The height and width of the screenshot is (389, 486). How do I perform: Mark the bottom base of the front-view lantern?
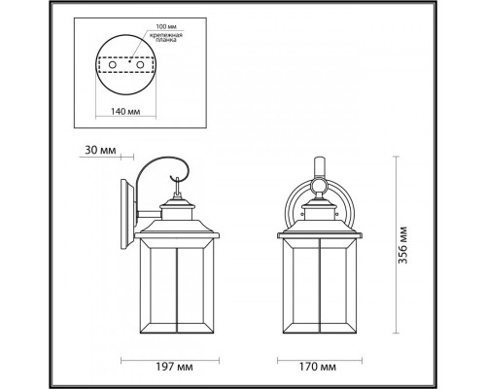click(320, 339)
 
